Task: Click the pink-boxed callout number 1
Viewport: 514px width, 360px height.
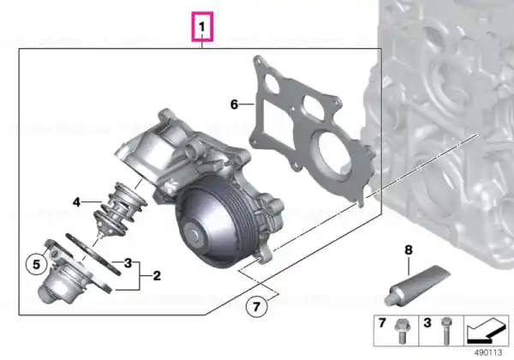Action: click(202, 27)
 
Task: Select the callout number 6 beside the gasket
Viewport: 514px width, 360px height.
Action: click(234, 105)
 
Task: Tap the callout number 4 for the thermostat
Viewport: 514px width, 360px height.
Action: click(76, 202)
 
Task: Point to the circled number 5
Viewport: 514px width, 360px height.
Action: click(36, 264)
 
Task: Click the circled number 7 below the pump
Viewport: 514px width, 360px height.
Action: click(257, 306)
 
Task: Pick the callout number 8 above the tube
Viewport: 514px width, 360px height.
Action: click(408, 250)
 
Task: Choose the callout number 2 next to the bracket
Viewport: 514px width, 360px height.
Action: click(157, 275)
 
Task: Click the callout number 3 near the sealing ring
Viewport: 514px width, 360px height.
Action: click(128, 262)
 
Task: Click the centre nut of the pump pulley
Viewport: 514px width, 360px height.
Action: click(194, 235)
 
